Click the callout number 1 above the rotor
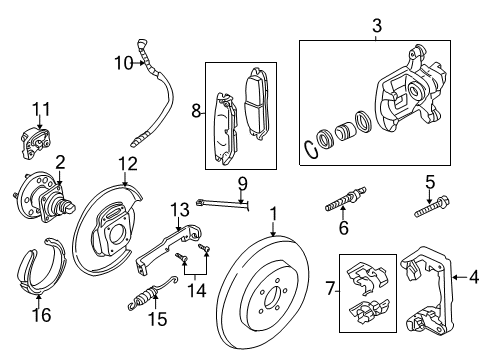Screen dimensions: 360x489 point(273,212)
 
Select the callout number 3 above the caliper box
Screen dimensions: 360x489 point(378,23)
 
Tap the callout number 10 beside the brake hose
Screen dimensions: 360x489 point(122,63)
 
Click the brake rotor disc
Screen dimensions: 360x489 point(270,295)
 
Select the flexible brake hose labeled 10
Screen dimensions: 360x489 point(163,95)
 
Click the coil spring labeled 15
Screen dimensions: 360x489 point(146,295)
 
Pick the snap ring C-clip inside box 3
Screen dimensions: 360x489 point(311,151)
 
